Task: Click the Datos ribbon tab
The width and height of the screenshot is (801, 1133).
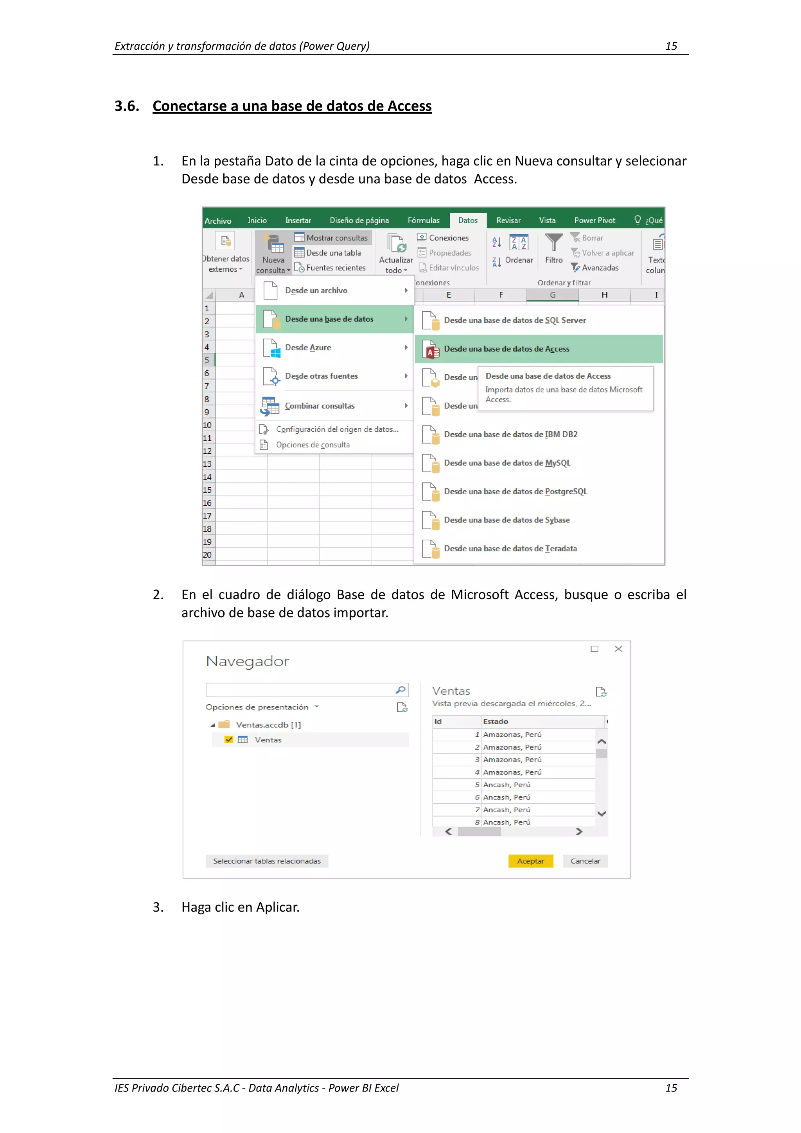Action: coord(467,221)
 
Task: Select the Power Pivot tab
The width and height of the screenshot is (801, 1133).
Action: coord(594,221)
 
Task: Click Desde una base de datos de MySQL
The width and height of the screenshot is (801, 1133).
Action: coord(507,463)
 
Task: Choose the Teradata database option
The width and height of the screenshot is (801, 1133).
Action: coord(510,548)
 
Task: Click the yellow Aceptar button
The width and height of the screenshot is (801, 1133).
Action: coord(531,861)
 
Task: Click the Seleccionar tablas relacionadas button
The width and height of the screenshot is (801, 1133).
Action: coord(266,861)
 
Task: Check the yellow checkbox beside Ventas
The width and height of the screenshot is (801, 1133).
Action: coord(228,739)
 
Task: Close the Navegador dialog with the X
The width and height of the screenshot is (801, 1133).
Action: coord(618,649)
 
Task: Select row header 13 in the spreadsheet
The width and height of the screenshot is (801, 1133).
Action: coord(207,464)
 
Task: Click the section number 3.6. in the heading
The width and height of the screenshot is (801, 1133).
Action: coord(127,106)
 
